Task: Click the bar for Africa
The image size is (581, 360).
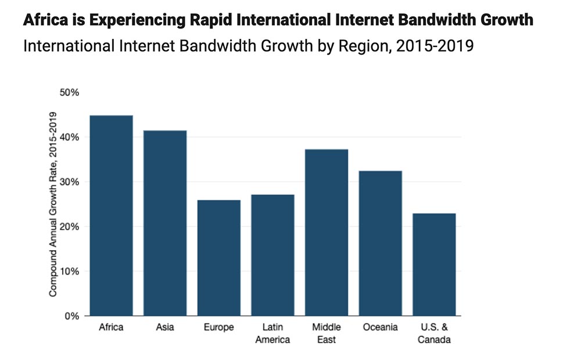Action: point(111,215)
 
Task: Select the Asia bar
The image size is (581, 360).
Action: point(165,223)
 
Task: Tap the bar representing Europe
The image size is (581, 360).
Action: point(218,258)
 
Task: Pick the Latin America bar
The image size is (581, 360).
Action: point(272,255)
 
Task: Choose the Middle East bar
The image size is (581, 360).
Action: point(327,232)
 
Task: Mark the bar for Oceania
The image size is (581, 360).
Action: point(380,243)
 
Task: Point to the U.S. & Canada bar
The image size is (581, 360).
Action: point(434,264)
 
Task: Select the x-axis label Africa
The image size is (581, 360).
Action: point(111,327)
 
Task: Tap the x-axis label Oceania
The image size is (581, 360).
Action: point(380,327)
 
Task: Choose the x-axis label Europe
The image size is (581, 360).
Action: point(218,327)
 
